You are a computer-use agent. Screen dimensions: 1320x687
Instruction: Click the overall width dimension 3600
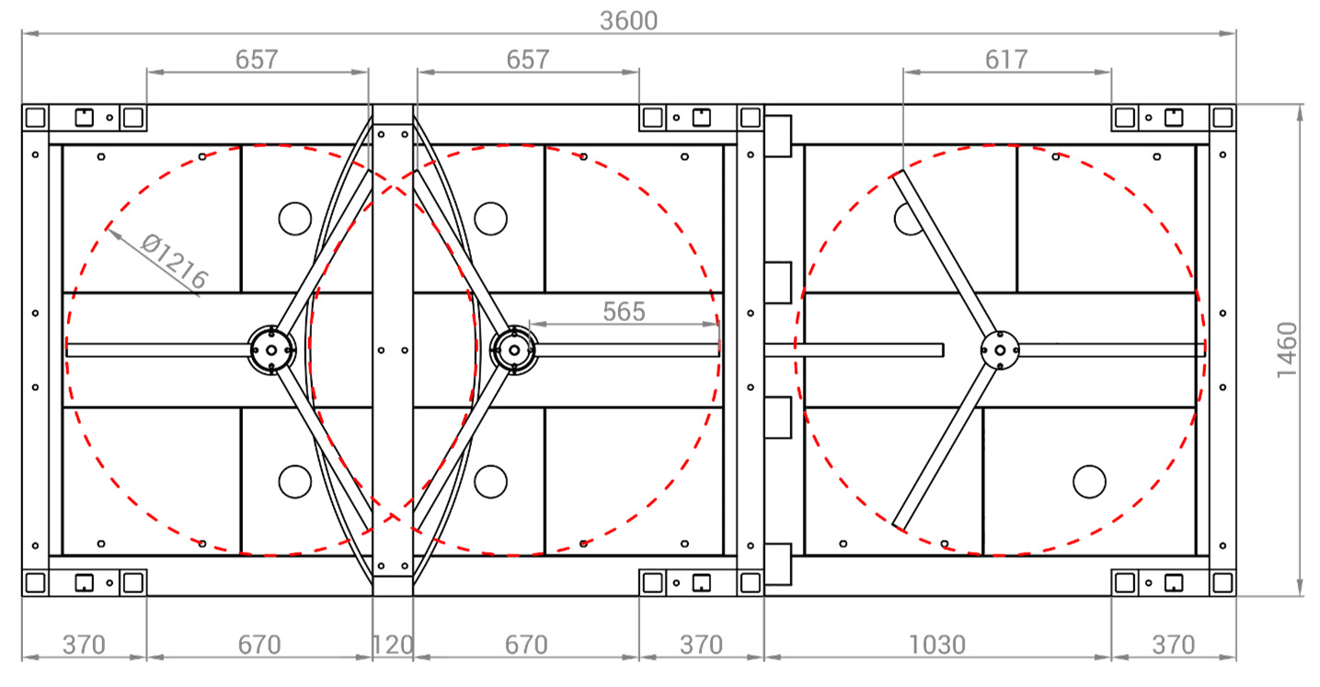pyautogui.click(x=628, y=21)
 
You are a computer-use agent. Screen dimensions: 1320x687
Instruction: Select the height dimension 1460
pyautogui.click(x=1287, y=350)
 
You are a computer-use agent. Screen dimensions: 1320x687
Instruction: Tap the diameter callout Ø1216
pyautogui.click(x=175, y=260)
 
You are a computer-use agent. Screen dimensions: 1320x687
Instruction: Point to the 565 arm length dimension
pyautogui.click(x=624, y=312)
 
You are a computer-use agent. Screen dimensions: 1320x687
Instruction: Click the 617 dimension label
pyautogui.click(x=1006, y=60)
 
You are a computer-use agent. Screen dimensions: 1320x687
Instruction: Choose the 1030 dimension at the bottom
pyautogui.click(x=937, y=645)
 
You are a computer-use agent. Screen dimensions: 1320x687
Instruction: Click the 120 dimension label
pyautogui.click(x=393, y=645)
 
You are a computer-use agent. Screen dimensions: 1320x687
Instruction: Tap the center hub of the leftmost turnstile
pyautogui.click(x=271, y=350)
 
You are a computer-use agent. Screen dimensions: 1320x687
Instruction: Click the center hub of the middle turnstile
pyautogui.click(x=514, y=350)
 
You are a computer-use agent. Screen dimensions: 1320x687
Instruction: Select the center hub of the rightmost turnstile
pyautogui.click(x=1000, y=350)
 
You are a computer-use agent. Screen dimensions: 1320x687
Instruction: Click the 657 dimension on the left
pyautogui.click(x=257, y=60)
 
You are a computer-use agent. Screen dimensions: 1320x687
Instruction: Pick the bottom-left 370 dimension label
pyautogui.click(x=84, y=645)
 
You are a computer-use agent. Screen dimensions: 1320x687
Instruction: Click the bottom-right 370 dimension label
pyautogui.click(x=1173, y=645)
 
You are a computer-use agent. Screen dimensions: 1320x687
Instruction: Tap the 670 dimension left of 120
pyautogui.click(x=259, y=645)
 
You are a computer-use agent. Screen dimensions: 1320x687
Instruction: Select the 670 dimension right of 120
pyautogui.click(x=526, y=645)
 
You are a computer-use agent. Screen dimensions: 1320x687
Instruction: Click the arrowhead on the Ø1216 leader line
pyautogui.click(x=112, y=233)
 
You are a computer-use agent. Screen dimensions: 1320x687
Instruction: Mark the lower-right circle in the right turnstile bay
pyautogui.click(x=1090, y=482)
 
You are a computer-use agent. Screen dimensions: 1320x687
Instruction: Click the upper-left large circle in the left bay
pyautogui.click(x=294, y=219)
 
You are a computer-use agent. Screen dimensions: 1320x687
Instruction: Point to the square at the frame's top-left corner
pyautogui.click(x=35, y=117)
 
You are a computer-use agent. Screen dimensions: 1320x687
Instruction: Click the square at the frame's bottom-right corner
pyautogui.click(x=1222, y=583)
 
